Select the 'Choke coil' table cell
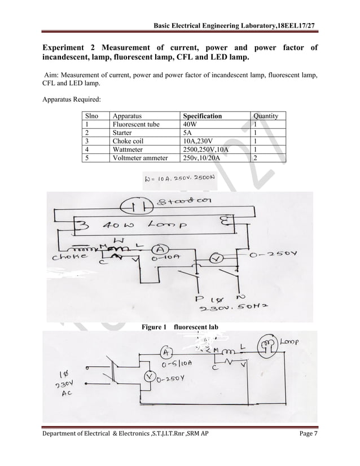pyautogui.click(x=130, y=142)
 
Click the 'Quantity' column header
pyautogui.click(x=266, y=116)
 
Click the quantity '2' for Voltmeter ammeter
pyautogui.click(x=256, y=159)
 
